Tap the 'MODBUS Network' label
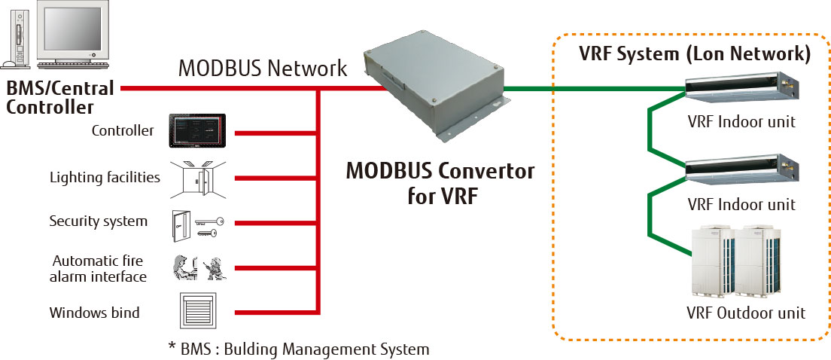click(x=263, y=69)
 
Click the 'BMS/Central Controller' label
click(x=60, y=97)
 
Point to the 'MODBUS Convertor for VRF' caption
click(x=440, y=181)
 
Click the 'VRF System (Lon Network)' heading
click(x=694, y=54)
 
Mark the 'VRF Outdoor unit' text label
click(x=746, y=313)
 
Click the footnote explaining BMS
click(x=299, y=349)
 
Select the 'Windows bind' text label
click(x=95, y=312)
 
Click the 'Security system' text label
click(x=99, y=221)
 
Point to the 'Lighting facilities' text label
click(x=105, y=178)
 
